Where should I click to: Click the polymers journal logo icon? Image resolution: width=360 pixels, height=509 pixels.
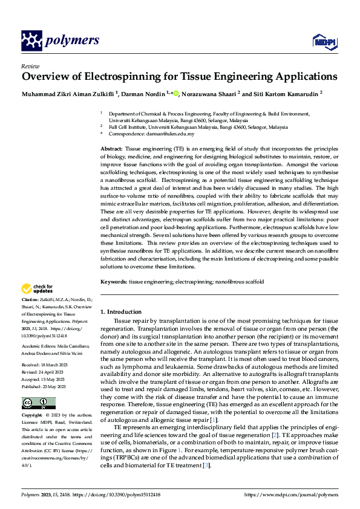point(31,41)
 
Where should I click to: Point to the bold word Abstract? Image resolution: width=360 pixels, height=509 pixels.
point(111,148)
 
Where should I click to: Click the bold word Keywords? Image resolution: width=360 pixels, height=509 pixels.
point(114,282)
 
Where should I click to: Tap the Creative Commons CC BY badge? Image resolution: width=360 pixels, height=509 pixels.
point(38,403)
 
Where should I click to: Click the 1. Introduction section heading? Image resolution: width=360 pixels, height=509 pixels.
point(120,311)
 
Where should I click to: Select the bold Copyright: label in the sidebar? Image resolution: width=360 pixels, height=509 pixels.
point(33,417)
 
